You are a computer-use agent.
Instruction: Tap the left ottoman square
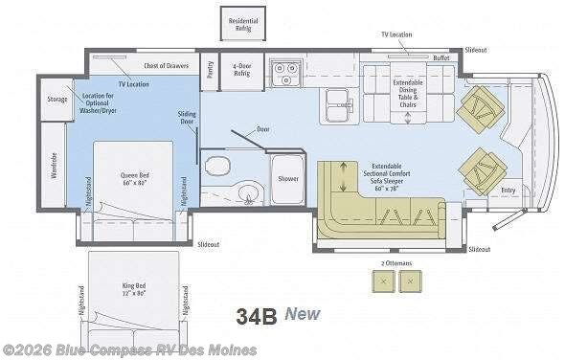382,281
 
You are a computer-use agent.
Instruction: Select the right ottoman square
410,281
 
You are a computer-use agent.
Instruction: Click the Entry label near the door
507,190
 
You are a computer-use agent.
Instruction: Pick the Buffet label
441,57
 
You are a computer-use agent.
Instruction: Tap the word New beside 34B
301,314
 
